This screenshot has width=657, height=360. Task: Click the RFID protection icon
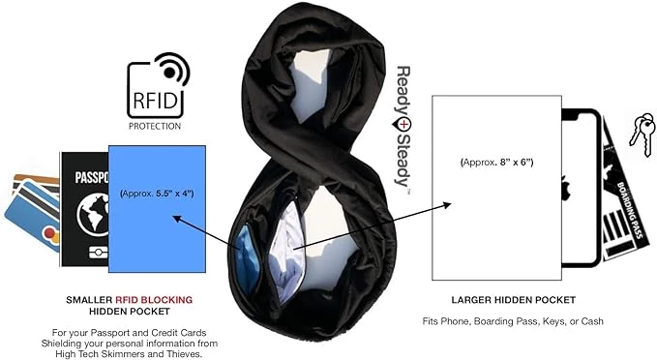(158, 85)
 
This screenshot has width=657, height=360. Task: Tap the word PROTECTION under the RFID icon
(155, 126)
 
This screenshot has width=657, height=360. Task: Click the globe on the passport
(93, 214)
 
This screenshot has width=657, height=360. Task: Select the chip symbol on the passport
(98, 253)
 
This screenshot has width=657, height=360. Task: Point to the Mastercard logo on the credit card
(51, 235)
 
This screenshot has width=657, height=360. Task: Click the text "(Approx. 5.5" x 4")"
(157, 194)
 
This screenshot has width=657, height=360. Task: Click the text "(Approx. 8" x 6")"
(496, 163)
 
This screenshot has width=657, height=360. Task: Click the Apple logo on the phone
(564, 187)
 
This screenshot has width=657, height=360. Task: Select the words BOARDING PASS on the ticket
(630, 210)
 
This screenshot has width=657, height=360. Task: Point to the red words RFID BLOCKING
(154, 300)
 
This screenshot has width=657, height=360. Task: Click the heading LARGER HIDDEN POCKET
(513, 300)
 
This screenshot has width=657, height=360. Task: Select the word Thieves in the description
(187, 354)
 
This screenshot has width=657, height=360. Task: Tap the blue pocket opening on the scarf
(246, 258)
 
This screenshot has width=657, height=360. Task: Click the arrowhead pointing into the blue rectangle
(178, 219)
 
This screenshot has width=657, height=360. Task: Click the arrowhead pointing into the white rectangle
(447, 205)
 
